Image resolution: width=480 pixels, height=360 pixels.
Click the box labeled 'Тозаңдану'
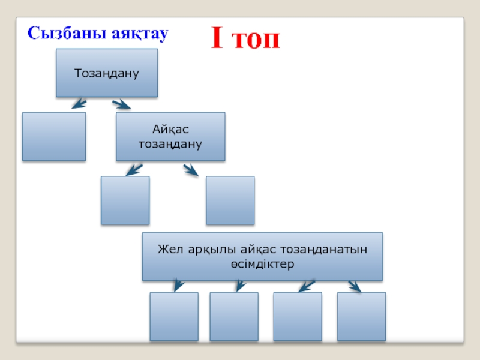pyautogui.click(x=107, y=73)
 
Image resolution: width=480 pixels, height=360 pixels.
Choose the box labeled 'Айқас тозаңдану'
pyautogui.click(x=170, y=137)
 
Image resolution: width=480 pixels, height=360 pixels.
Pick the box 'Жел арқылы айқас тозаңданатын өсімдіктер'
pyautogui.click(x=262, y=256)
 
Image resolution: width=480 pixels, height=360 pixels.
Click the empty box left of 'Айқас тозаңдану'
pyautogui.click(x=54, y=137)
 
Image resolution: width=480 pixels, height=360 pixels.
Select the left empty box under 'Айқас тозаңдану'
pyautogui.click(x=125, y=200)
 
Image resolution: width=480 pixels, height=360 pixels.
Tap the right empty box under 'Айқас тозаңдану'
pyautogui.click(x=230, y=200)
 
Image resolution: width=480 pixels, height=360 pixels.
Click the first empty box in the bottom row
pyautogui.click(x=174, y=316)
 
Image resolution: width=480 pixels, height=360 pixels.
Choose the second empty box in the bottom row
pyautogui.click(x=234, y=316)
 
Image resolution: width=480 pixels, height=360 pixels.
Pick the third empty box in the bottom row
pyautogui.click(x=298, y=316)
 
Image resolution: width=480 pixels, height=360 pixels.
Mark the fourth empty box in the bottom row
pyautogui.click(x=361, y=316)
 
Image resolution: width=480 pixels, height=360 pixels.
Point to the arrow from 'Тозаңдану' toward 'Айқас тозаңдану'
pyautogui.click(x=121, y=104)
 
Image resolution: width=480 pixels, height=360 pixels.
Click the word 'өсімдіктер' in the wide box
pyautogui.click(x=262, y=264)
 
